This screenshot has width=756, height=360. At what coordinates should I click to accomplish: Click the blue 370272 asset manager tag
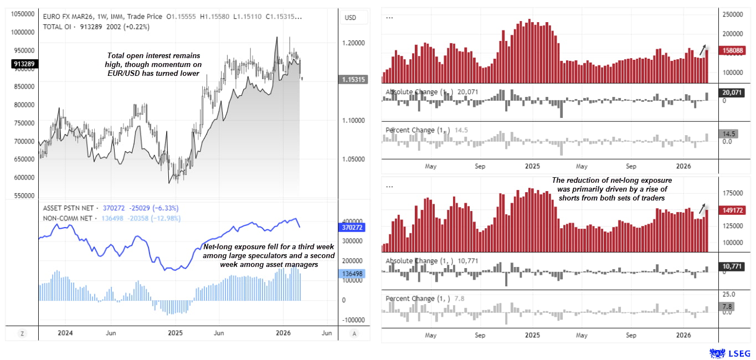352,227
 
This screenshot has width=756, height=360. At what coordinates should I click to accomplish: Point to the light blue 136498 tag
352,274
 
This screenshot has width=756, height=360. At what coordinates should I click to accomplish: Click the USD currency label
350,18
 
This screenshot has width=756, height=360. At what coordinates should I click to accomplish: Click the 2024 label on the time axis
65,333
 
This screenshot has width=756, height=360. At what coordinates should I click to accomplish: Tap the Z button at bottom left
22,333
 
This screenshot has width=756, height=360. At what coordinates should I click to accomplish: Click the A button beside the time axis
354,333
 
